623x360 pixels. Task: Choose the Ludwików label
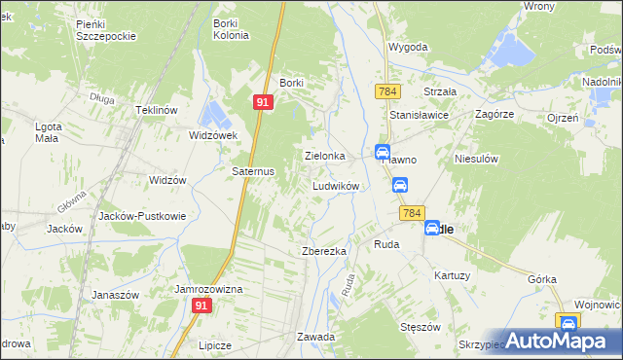click(x=337, y=185)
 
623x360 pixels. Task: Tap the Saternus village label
click(x=253, y=170)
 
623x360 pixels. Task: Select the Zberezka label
click(x=324, y=251)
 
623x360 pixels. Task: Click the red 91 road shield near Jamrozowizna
click(x=201, y=306)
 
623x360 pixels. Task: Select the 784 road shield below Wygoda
click(x=387, y=90)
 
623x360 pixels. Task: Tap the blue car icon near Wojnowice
click(x=568, y=322)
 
